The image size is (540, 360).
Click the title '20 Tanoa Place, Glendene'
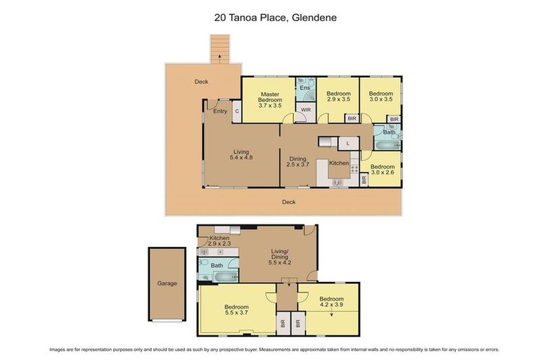[x=269, y=18]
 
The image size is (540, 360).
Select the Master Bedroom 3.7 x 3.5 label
[x=270, y=99]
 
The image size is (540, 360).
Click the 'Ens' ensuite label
[x=304, y=88]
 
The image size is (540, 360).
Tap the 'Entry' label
[x=220, y=110]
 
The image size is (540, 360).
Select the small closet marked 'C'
[x=237, y=111]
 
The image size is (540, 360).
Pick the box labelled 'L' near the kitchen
[x=347, y=143]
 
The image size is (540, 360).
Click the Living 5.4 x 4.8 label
[x=240, y=154]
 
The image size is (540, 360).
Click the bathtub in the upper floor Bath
[x=385, y=145]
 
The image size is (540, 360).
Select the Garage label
[x=167, y=283]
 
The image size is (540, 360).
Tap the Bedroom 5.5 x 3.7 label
[x=236, y=310]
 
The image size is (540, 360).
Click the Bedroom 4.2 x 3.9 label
[x=331, y=302]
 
